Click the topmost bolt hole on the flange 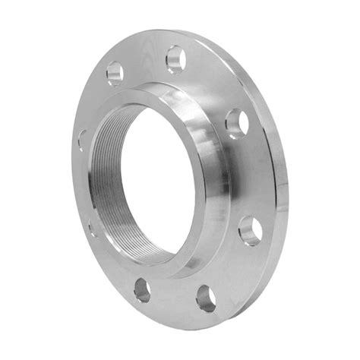point(175,57)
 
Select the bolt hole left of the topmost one point(115,73)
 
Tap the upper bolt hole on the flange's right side point(235,122)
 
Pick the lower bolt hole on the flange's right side point(250,229)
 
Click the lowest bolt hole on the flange point(206,298)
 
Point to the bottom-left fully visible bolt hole point(142,288)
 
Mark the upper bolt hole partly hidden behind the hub point(82,140)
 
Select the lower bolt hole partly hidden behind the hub point(91,226)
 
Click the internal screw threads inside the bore point(106,182)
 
